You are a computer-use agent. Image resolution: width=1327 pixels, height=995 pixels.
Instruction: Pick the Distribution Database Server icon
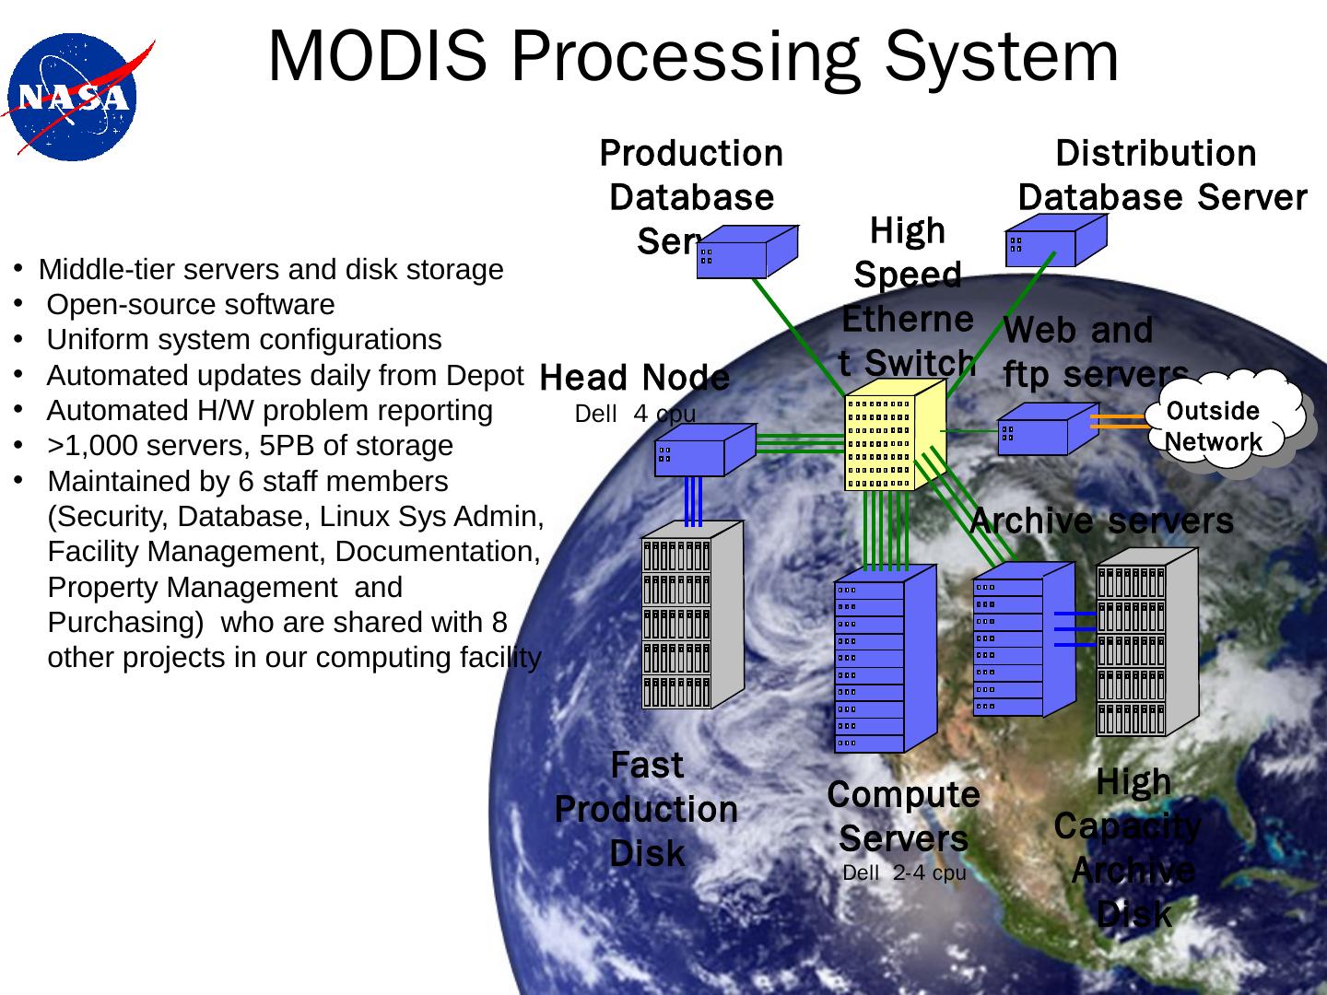pyautogui.click(x=1051, y=240)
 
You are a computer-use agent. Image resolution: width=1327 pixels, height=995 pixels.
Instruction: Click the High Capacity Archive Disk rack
pyautogui.click(x=1143, y=645)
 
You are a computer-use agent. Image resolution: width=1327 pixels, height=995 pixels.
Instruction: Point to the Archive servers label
pyautogui.click(x=1101, y=521)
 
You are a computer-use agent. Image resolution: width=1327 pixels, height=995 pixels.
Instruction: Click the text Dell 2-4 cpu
pyautogui.click(x=904, y=872)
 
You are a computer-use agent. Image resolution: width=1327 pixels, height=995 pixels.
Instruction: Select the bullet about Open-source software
pyautogui.click(x=190, y=305)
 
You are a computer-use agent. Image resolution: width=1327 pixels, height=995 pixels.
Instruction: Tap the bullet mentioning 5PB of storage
pyautogui.click(x=249, y=446)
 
